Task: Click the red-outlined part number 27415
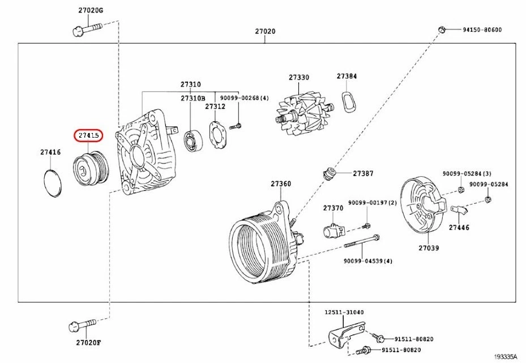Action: [x=89, y=136]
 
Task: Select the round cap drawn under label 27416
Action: [x=53, y=182]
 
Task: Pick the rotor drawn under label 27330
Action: [x=302, y=110]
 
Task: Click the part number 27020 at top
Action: [x=264, y=31]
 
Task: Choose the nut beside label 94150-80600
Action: [x=442, y=29]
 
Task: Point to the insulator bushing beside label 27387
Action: [x=330, y=173]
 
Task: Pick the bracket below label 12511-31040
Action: [x=343, y=335]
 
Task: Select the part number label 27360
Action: [x=280, y=183]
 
